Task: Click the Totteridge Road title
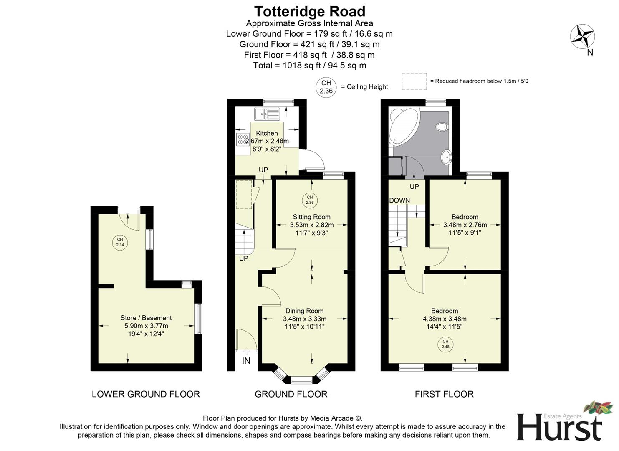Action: click(309, 11)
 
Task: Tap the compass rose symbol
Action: click(582, 37)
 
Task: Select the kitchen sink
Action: click(268, 113)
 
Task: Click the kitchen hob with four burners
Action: click(243, 139)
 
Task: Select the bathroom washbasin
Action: click(446, 157)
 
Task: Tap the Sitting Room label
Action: click(311, 217)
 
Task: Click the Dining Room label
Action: click(304, 311)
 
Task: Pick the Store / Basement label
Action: click(146, 318)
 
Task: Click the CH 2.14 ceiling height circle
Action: click(120, 242)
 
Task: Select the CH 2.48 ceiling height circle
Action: click(445, 344)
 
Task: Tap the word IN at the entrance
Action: click(246, 361)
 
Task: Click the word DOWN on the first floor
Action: click(399, 200)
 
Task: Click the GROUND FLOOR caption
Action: click(291, 394)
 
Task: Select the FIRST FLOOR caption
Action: click(444, 394)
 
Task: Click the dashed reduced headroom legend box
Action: click(414, 81)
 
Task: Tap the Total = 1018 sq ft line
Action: click(309, 66)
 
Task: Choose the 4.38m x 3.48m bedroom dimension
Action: click(445, 319)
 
